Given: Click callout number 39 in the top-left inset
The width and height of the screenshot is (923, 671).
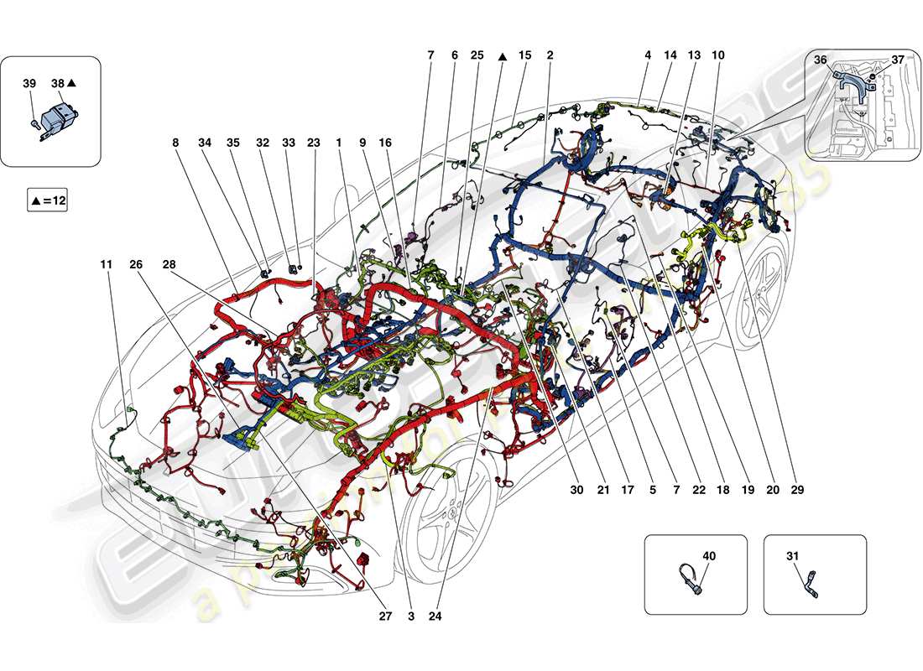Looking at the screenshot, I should coord(29,84).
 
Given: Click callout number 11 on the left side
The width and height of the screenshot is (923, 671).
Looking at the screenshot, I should coord(106,264).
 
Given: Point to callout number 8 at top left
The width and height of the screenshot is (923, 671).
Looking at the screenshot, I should coord(176,143).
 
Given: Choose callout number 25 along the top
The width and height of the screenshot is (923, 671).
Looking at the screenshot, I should coord(477,55).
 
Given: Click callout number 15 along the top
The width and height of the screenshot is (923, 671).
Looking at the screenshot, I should coord(525,55).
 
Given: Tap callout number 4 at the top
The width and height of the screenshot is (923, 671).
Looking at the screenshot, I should coord(648,55).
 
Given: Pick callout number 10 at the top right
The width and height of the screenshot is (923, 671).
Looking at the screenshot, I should coord(718,55).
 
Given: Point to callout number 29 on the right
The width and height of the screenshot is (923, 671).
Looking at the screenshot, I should coord(796,490).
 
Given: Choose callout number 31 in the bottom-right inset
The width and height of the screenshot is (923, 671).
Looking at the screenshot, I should coord(794,555).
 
